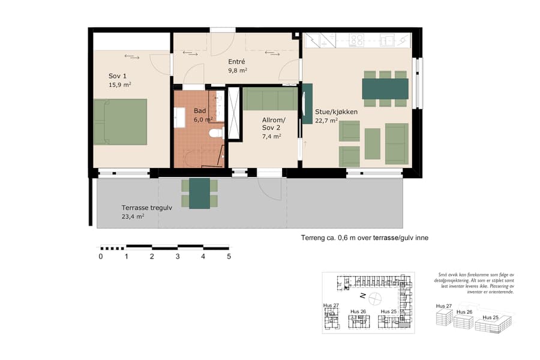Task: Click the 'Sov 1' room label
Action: click(x=118, y=76)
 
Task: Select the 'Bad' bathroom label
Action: click(x=200, y=111)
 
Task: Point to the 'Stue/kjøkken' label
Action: click(x=337, y=112)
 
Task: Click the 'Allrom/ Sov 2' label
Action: click(x=274, y=124)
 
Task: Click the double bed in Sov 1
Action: click(x=120, y=122)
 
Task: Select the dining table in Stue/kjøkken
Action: click(x=385, y=89)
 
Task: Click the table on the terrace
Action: click(x=199, y=193)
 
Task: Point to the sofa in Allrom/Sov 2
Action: click(x=271, y=99)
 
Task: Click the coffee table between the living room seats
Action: click(x=372, y=144)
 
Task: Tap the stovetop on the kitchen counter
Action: click(x=357, y=40)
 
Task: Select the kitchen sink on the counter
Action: click(x=387, y=40)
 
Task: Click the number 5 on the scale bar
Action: click(x=229, y=256)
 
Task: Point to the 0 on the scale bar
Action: click(x=100, y=256)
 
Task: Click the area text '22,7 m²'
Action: click(x=328, y=120)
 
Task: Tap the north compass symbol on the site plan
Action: click(x=374, y=296)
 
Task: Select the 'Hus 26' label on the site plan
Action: click(x=358, y=311)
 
